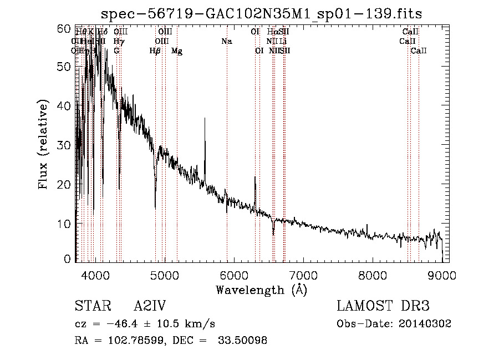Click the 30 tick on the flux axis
pos(67,145)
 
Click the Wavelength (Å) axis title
pos(261,290)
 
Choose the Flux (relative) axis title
pos(44,145)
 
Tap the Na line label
pos(226,42)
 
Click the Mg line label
pos(177,51)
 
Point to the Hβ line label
pos(155,51)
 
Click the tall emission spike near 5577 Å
pos(205,119)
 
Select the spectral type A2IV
pos(150,307)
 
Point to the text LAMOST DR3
pos(383,307)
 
